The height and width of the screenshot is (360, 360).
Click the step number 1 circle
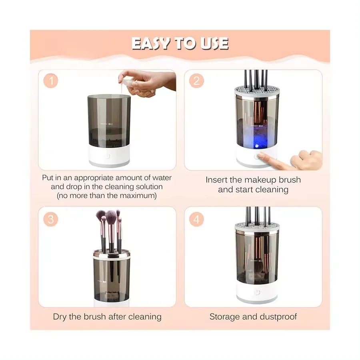point(51,81)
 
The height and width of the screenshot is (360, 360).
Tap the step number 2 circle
point(196,81)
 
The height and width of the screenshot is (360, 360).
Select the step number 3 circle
point(51,219)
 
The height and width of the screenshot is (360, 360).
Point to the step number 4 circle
point(196,219)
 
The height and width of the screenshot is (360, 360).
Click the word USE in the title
point(214,43)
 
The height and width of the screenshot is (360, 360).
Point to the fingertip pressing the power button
point(260,155)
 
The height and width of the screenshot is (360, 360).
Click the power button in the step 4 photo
point(257,292)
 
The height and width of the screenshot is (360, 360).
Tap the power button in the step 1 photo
point(108,156)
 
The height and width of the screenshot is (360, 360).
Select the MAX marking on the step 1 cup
point(110,124)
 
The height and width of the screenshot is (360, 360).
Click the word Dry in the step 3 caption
point(60,317)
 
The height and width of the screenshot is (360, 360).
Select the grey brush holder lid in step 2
point(257,91)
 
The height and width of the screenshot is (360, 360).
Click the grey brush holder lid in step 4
point(257,227)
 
